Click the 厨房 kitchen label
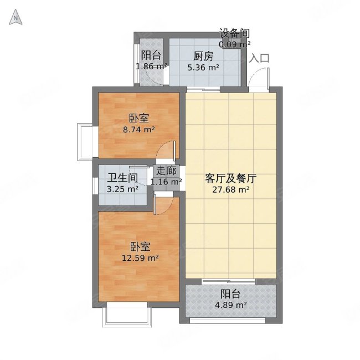(x=203, y=56)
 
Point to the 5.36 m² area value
(x=203, y=68)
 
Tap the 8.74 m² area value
(x=138, y=131)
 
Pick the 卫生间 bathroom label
(x=122, y=178)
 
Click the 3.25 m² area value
(x=122, y=189)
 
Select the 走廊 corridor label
(x=166, y=171)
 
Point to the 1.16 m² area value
(x=166, y=181)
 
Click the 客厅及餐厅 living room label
(x=232, y=178)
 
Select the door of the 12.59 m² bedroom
(x=162, y=204)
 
